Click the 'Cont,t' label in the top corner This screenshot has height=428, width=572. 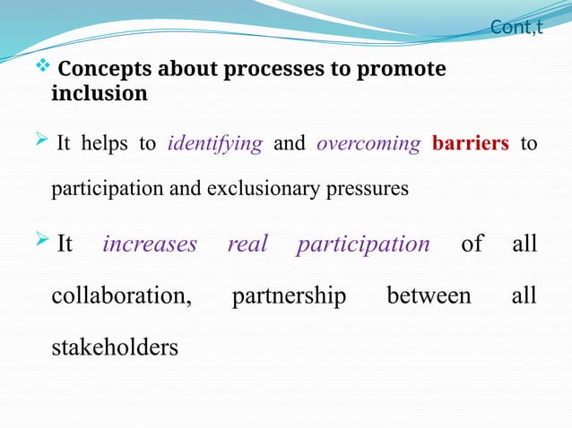[x=516, y=28]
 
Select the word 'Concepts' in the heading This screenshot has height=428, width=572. [x=100, y=70]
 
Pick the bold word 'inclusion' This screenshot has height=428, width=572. [x=100, y=93]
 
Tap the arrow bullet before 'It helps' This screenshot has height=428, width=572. [x=41, y=143]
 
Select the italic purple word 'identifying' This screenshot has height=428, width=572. [x=215, y=144]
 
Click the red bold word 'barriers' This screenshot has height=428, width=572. [x=471, y=144]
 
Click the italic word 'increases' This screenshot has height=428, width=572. [x=149, y=244]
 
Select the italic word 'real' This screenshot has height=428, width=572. [x=247, y=244]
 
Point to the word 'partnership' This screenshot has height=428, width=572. [x=289, y=295]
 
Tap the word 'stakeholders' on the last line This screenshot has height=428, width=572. [x=115, y=347]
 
